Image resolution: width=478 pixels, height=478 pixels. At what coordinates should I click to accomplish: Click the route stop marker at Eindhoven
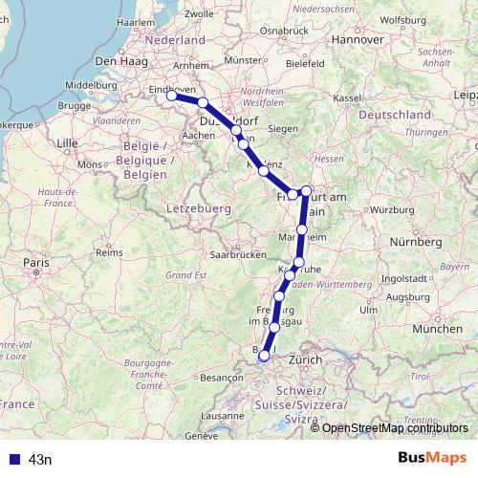coord(171,96)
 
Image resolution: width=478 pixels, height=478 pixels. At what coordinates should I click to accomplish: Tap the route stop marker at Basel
coord(265,356)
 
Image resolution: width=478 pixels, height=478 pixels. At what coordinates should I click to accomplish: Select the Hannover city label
coord(358,40)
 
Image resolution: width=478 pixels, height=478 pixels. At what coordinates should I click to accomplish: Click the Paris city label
coord(36,261)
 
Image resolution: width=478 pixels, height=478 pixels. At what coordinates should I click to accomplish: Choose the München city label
coord(438,328)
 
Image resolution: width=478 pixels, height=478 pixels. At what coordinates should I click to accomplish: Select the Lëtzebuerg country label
coord(199,206)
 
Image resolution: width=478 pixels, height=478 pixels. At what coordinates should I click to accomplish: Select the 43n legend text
coord(40,460)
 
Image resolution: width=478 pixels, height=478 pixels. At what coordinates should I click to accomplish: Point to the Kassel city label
coord(347,98)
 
